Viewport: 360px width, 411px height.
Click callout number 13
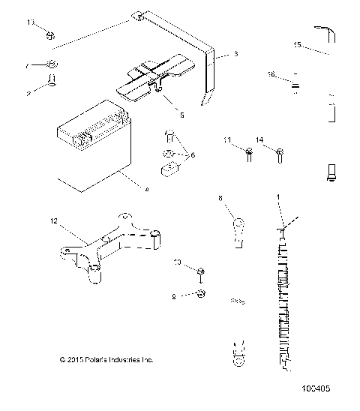[x=31, y=23]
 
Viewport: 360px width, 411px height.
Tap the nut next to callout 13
[x=49, y=34]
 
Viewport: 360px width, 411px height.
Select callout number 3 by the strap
[x=235, y=54]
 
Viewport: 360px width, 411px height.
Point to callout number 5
[x=181, y=115]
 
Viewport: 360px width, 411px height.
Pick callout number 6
[x=193, y=154]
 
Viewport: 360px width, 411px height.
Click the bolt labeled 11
[x=248, y=154]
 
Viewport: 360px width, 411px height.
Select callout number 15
[x=297, y=45]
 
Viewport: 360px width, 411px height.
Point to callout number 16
[x=271, y=73]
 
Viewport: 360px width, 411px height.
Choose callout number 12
[x=52, y=221]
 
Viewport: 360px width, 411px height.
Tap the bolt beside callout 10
[x=202, y=271]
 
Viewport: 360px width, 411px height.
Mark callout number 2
[x=28, y=94]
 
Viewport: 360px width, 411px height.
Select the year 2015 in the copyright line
[x=74, y=360]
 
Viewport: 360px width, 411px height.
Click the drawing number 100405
[x=316, y=389]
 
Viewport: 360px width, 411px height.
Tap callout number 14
[x=259, y=140]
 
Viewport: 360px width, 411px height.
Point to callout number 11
[x=227, y=140]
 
